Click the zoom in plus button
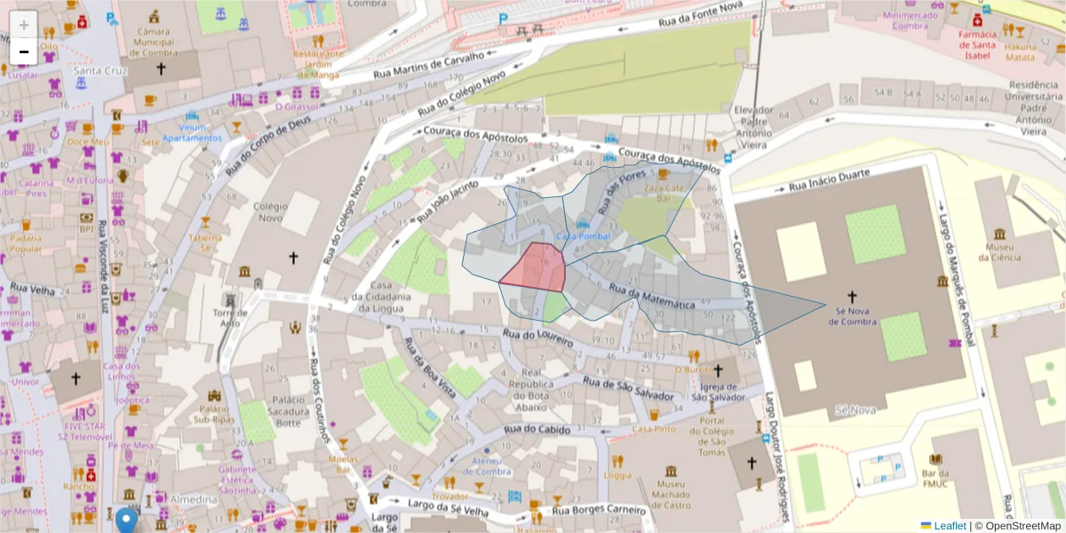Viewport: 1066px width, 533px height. (x=24, y=24)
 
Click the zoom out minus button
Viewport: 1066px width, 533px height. (x=24, y=52)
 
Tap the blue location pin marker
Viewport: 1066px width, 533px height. (x=127, y=520)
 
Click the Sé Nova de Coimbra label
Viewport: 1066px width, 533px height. (x=852, y=315)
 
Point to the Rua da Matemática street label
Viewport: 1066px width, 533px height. (x=651, y=297)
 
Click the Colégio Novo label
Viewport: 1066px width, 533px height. (x=271, y=212)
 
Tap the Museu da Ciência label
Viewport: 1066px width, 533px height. (x=996, y=251)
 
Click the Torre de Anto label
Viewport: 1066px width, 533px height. (x=231, y=317)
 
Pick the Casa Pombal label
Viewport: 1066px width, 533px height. (x=583, y=236)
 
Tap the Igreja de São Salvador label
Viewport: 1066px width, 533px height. (x=719, y=392)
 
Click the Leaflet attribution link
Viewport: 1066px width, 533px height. (x=949, y=526)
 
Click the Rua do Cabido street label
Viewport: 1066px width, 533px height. (x=536, y=430)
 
